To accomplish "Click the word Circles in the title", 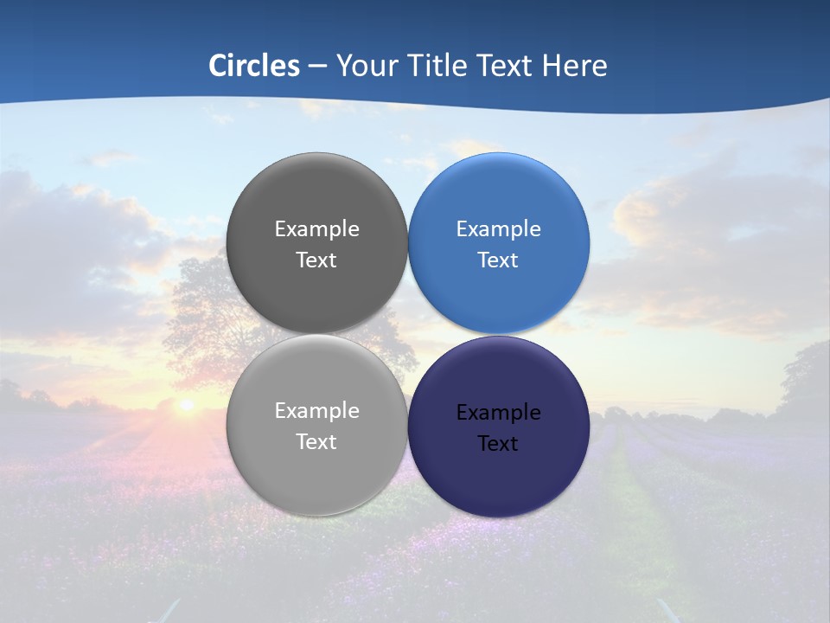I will coord(254,66).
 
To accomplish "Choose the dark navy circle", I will coord(499,480).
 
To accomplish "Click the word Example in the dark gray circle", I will coord(316,229).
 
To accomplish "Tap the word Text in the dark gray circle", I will coord(316,260).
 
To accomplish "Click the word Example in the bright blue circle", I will coord(499,229).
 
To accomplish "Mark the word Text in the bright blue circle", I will coord(499,260).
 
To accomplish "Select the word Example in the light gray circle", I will coord(316,411).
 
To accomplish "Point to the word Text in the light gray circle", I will coord(316,442).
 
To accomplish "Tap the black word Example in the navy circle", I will coord(499,413).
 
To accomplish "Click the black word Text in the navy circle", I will coord(499,444).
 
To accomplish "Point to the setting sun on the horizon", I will coord(185,404).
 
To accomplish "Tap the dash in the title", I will coord(317,67).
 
